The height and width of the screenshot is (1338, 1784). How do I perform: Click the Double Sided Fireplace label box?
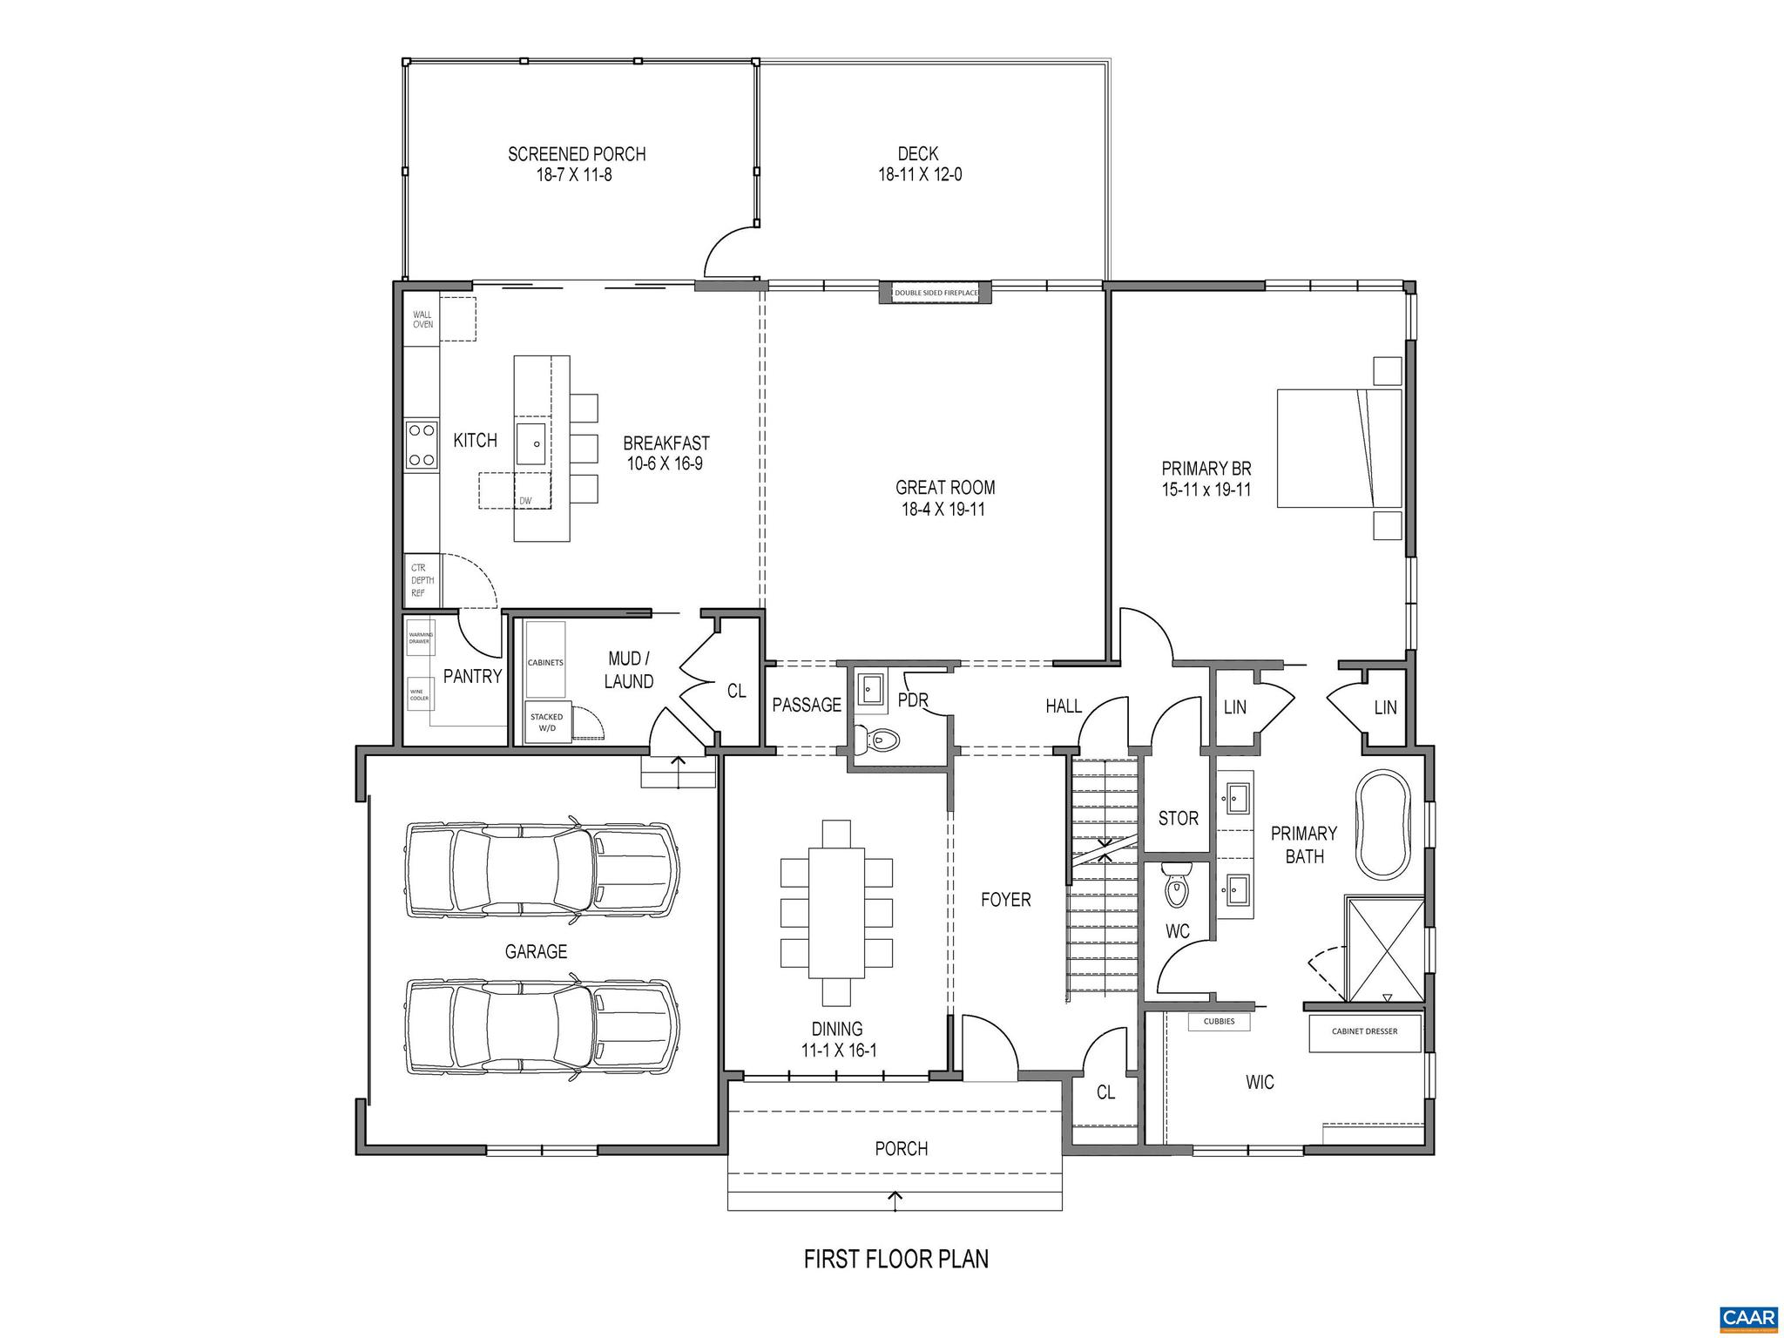[936, 294]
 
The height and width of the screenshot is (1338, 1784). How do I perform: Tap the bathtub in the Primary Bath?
[1383, 824]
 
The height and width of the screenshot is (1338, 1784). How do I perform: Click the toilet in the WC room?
[1176, 887]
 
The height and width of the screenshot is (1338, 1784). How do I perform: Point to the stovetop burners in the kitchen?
[422, 445]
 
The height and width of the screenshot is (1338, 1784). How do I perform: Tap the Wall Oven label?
[422, 319]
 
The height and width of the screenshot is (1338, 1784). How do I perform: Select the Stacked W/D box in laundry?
[547, 722]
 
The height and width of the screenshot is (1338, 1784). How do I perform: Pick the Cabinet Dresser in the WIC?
[1364, 1031]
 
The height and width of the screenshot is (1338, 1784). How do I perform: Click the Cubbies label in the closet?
[1219, 1022]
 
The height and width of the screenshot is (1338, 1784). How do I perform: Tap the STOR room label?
[1178, 819]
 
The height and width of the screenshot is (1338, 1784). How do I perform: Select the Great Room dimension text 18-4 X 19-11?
[943, 510]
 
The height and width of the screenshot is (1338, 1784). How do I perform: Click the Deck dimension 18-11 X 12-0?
[919, 175]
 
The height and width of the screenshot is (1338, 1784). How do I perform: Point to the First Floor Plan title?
[895, 1259]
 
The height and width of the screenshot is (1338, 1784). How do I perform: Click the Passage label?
[807, 705]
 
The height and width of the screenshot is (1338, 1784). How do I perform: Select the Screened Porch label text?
[577, 154]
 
